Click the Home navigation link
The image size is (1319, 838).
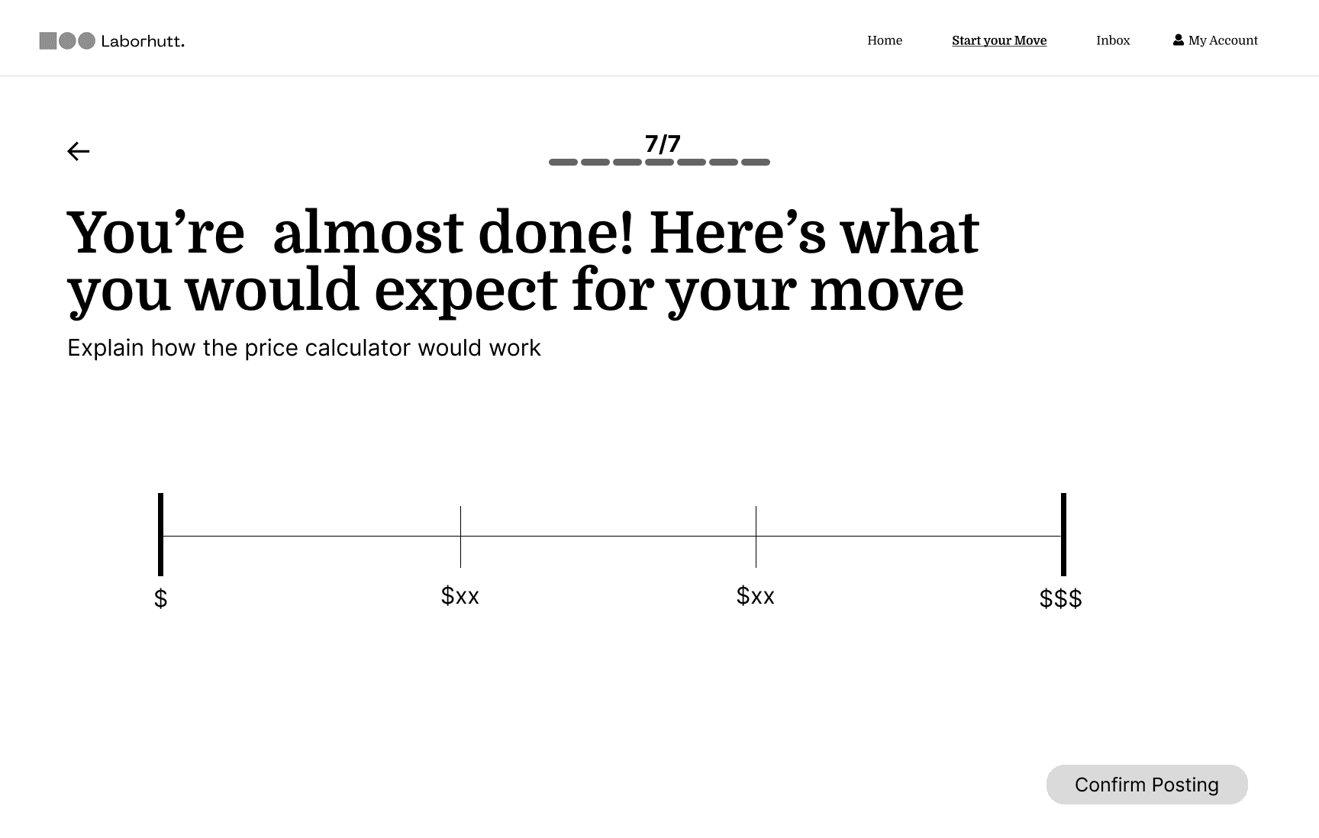pos(884,40)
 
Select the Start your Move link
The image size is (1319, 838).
pos(998,40)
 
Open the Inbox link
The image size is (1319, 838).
pos(1112,40)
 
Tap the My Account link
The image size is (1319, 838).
pos(1222,40)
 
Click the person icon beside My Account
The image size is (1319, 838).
pos(1178,40)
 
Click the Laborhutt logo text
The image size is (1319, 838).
pos(142,41)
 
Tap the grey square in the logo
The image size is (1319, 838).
pos(48,40)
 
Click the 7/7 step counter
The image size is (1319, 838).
pos(662,143)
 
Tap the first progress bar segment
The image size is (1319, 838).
pos(563,162)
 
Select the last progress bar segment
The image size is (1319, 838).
pos(755,162)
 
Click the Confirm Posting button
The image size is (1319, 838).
pos(1146,785)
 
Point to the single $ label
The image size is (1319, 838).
pos(160,598)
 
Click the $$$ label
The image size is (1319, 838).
pos(1060,598)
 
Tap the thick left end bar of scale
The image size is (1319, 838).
pos(160,534)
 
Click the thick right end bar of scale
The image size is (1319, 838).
pos(1063,534)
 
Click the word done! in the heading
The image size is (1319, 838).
pos(555,232)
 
